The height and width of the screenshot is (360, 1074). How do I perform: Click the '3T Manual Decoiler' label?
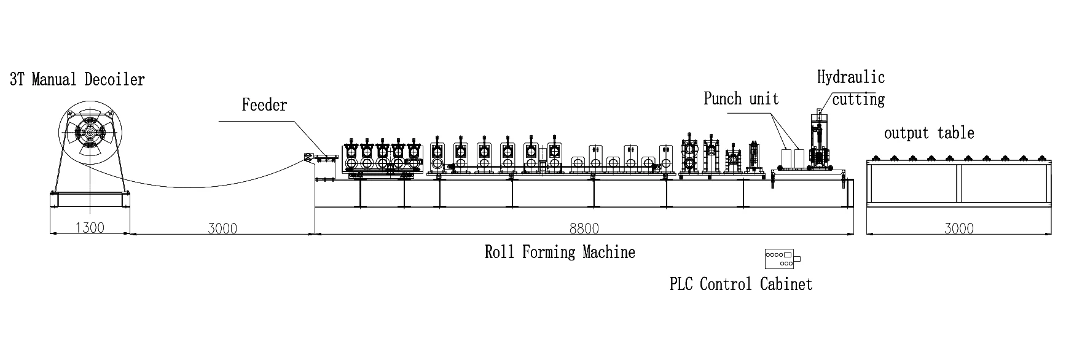pyautogui.click(x=77, y=80)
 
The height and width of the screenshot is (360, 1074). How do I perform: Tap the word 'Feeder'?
pyautogui.click(x=264, y=105)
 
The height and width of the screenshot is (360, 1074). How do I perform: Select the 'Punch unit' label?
pyautogui.click(x=741, y=99)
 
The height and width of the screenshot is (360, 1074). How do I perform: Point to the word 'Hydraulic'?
pyautogui.click(x=850, y=77)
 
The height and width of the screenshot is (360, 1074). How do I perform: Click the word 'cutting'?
pyautogui.click(x=858, y=99)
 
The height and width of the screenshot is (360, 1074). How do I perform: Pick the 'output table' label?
pyautogui.click(x=929, y=133)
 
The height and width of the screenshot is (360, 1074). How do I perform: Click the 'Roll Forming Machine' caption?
pyautogui.click(x=560, y=252)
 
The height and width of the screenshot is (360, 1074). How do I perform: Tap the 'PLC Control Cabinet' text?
pyautogui.click(x=741, y=284)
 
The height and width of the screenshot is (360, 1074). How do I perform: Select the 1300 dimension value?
pyautogui.click(x=90, y=228)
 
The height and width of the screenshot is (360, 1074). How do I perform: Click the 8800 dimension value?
pyautogui.click(x=583, y=229)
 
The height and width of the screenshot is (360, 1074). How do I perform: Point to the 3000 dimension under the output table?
pyautogui.click(x=958, y=229)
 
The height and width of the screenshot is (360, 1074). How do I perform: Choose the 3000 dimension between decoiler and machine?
pyautogui.click(x=222, y=229)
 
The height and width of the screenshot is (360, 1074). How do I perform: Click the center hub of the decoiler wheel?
pyautogui.click(x=90, y=133)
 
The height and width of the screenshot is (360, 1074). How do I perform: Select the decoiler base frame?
pyautogui.click(x=90, y=200)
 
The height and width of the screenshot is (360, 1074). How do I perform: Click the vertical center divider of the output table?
pyautogui.click(x=958, y=184)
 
